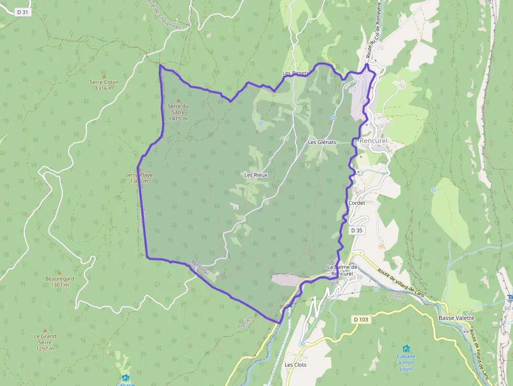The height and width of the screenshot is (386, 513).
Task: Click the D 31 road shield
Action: (x=21, y=12)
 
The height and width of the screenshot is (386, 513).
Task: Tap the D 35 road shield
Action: (x=356, y=230)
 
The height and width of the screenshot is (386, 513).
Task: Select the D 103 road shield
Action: (x=361, y=319)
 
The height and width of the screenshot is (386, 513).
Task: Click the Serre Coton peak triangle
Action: (x=104, y=75)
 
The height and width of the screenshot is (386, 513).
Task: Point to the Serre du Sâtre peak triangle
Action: (x=178, y=100)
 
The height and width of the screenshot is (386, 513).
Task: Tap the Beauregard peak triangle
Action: (x=59, y=272)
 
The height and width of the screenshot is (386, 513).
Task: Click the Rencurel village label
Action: (x=373, y=141)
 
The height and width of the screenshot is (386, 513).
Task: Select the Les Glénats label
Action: (x=322, y=142)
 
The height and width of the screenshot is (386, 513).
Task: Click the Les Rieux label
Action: (x=256, y=175)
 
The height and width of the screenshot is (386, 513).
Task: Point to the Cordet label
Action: (x=356, y=203)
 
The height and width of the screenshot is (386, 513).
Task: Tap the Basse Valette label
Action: (x=456, y=318)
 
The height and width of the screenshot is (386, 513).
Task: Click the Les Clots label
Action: (x=295, y=365)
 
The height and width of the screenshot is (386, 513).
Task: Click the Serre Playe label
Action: (x=139, y=175)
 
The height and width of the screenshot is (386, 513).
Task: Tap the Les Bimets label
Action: (x=295, y=73)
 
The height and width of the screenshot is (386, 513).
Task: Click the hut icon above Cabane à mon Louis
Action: (x=406, y=349)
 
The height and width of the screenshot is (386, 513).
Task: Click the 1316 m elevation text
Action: (x=104, y=88)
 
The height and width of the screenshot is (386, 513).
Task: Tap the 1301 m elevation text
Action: (x=60, y=285)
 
